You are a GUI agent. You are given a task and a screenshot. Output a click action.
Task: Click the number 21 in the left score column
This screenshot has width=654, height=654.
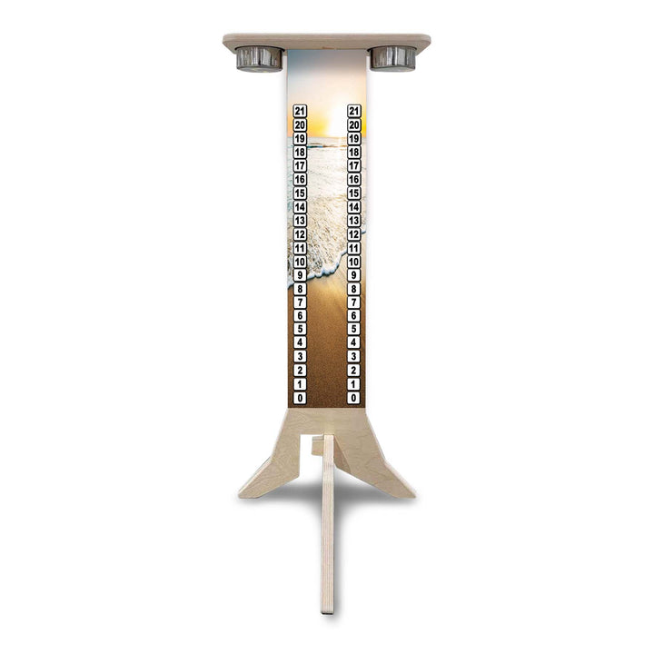pos(300,111)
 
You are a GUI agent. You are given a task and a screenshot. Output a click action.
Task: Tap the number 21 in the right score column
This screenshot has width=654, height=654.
pos(354,111)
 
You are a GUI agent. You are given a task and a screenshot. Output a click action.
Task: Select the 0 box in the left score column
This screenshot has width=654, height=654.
pos(300,398)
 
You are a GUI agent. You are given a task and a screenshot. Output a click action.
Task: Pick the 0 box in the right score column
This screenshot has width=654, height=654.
pos(354,398)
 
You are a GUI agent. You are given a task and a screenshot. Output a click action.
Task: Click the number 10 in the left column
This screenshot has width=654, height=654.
pos(300,262)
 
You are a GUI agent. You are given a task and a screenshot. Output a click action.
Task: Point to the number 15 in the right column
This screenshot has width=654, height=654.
pos(354,193)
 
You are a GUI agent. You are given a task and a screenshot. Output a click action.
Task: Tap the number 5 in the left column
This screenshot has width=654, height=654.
pos(300,330)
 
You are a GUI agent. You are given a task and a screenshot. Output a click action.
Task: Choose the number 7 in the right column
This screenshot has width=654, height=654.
pos(354,302)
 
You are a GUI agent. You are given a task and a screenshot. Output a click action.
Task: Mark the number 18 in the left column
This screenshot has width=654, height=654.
pos(300,153)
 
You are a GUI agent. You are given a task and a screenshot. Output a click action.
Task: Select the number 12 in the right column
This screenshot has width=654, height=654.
pos(354,234)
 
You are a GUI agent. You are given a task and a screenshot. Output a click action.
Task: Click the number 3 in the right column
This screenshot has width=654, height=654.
pos(354,357)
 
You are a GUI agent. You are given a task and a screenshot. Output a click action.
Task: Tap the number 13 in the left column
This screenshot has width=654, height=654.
pos(300,221)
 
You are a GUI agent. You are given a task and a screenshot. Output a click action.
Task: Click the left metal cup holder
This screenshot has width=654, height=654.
pos(259,59)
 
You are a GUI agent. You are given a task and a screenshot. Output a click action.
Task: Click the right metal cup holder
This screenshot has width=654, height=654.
pos(392,59)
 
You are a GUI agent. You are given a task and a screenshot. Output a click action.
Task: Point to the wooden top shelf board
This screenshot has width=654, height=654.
pos(327,41)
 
